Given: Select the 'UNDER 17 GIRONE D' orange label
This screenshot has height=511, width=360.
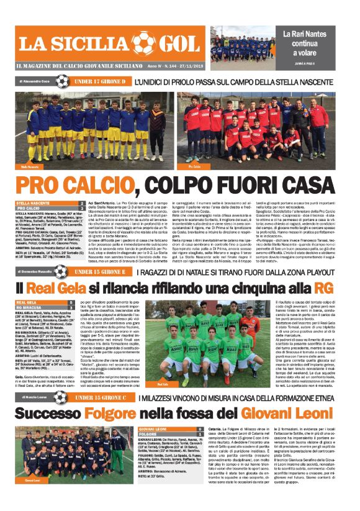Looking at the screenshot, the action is (x=100, y=81).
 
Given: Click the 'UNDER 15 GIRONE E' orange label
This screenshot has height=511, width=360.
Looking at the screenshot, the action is (x=99, y=271).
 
